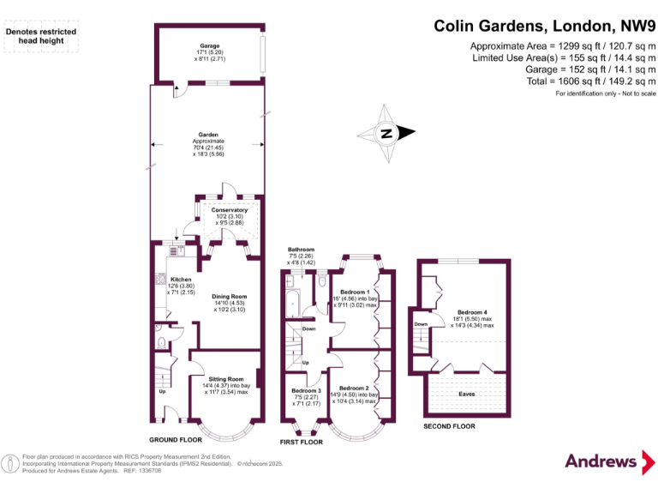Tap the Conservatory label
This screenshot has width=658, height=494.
click(x=230, y=209)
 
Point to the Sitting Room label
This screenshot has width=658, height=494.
click(x=226, y=378)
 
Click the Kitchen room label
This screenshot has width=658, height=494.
click(x=181, y=280)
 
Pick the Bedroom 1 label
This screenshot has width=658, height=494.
click(x=355, y=292)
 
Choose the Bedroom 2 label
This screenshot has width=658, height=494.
click(x=356, y=388)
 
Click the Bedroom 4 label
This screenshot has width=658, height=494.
click(x=472, y=311)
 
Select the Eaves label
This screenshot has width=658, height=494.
click(x=467, y=394)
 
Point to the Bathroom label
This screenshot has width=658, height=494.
click(x=301, y=250)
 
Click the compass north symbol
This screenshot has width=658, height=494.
click(x=386, y=133)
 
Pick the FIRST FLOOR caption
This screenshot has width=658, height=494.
click(x=302, y=443)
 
